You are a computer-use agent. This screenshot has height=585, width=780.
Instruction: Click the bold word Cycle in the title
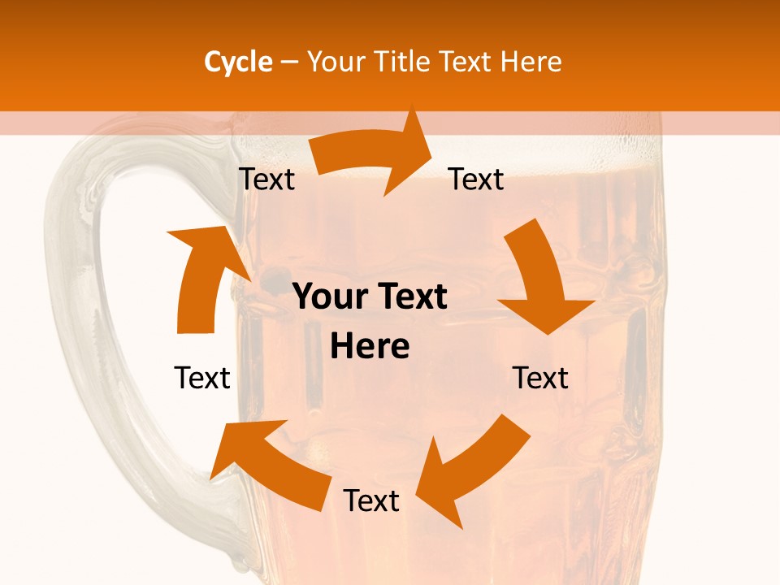pos(238,62)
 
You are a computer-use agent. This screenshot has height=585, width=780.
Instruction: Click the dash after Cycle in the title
pos(289,62)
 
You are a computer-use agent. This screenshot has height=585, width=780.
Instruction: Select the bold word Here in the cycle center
pos(370,347)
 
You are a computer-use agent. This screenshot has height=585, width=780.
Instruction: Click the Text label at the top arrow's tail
pos(266,180)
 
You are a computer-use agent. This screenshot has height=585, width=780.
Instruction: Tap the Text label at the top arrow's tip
pos(476,180)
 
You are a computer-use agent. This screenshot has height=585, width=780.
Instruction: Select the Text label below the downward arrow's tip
pos(540,378)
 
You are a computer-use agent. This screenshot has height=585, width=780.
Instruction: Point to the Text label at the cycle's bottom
pos(371,501)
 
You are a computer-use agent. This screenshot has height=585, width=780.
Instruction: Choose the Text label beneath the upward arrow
pos(202,378)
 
